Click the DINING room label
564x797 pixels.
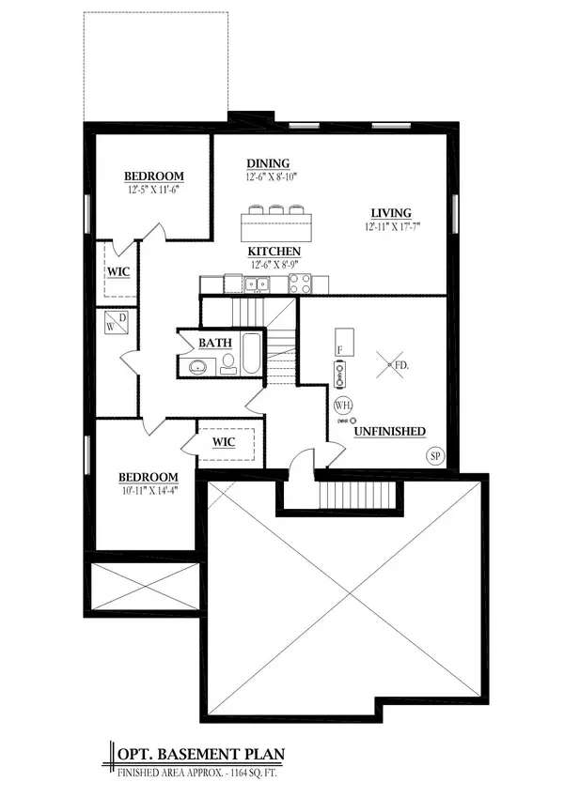click(x=268, y=162)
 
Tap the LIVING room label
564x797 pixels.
click(x=390, y=213)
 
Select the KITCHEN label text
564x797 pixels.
click(x=274, y=252)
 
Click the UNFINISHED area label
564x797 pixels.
click(x=390, y=431)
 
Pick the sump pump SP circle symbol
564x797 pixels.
click(x=435, y=456)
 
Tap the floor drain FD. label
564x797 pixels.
click(x=400, y=363)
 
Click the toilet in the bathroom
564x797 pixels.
click(x=228, y=366)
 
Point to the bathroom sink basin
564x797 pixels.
click(x=197, y=366)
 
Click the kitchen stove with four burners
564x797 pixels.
click(x=300, y=284)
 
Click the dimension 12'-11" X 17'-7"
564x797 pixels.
click(x=392, y=226)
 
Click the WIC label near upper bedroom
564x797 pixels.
click(x=117, y=272)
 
